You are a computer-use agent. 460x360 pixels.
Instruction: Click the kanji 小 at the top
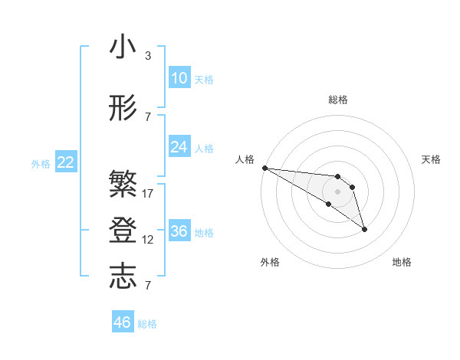(x=123, y=47)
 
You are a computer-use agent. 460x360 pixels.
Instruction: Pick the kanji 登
(x=123, y=231)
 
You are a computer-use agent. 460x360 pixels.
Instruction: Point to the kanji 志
(x=123, y=277)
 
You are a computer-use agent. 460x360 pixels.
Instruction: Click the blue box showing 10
(x=179, y=78)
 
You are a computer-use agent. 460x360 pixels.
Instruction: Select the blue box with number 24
(x=179, y=147)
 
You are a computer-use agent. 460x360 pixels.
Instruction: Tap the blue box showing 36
(x=179, y=231)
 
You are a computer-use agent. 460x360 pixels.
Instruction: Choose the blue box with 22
(x=65, y=162)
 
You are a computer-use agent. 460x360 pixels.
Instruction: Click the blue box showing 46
(x=122, y=322)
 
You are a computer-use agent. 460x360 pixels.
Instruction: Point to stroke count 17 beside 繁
(x=148, y=193)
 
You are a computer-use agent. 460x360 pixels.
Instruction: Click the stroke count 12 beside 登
(x=148, y=240)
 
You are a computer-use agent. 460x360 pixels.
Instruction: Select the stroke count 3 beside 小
(x=148, y=56)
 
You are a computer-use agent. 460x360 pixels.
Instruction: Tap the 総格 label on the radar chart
(x=338, y=100)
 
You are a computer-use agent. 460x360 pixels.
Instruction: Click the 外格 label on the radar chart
(x=270, y=262)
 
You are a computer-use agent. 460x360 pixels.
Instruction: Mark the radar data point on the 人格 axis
(x=264, y=168)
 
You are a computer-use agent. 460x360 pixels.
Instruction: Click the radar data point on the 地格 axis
(x=364, y=229)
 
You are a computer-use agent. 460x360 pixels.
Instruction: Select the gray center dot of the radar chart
(x=337, y=191)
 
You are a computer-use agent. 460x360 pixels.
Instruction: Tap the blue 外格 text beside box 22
(x=40, y=163)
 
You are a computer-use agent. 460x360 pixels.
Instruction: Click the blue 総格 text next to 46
(x=147, y=324)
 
